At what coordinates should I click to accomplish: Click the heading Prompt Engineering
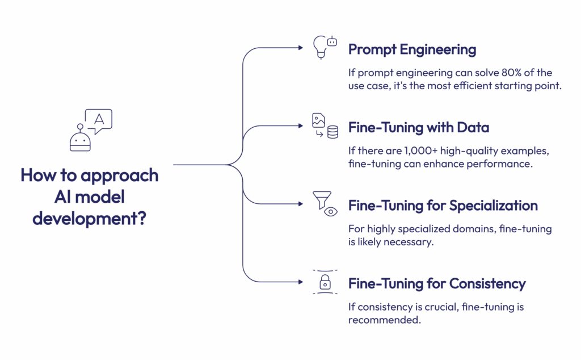(412, 49)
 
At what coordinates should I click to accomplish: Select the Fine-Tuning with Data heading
(419, 128)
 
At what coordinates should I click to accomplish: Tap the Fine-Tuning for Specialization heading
(443, 206)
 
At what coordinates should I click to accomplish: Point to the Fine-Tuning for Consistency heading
(437, 284)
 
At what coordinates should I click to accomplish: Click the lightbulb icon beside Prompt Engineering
(321, 47)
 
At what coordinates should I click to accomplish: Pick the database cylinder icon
(332, 132)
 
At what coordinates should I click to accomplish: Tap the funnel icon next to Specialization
(322, 200)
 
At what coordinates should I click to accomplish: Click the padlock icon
(325, 282)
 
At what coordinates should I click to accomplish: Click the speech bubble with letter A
(99, 120)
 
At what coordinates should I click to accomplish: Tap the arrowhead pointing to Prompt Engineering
(301, 48)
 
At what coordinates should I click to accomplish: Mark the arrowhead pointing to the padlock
(301, 282)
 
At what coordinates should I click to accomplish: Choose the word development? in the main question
(89, 219)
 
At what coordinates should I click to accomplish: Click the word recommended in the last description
(384, 320)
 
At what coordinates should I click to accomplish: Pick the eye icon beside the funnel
(331, 212)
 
